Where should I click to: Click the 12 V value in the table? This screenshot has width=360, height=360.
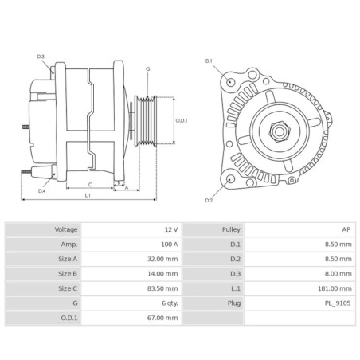[170, 229]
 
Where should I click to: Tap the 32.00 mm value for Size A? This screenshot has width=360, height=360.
[161, 259]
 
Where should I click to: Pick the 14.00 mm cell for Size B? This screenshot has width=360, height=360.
[161, 273]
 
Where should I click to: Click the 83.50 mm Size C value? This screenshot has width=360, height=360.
[161, 288]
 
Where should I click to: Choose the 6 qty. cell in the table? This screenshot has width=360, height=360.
[166, 303]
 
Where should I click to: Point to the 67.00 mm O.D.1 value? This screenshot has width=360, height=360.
[161, 318]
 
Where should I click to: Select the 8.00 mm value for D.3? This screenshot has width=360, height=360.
[338, 273]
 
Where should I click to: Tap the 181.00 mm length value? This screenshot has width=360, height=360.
[335, 288]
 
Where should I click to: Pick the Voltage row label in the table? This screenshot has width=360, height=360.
[66, 229]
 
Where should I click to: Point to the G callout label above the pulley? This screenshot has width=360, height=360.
[147, 69]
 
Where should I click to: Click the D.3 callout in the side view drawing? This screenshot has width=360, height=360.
[41, 57]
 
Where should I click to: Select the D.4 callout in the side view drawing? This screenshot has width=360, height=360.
[41, 190]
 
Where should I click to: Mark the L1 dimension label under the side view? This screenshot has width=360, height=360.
[88, 195]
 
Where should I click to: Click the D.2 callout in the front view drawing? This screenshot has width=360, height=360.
[209, 200]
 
